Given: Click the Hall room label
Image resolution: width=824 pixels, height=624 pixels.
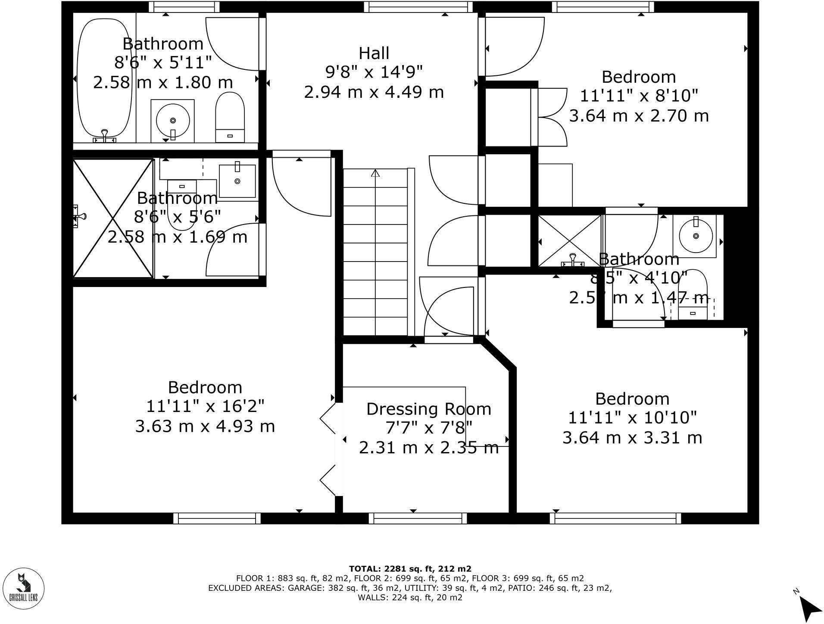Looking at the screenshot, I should pos(374,53).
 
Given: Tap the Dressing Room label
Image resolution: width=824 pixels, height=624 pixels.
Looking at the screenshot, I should pos(428,409).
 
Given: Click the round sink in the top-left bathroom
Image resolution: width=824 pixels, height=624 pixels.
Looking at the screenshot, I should pos(173,120).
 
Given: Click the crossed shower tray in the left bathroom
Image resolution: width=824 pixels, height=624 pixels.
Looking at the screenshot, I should pos(113,218).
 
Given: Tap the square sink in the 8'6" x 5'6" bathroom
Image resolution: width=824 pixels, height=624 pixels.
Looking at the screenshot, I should pos(237,181).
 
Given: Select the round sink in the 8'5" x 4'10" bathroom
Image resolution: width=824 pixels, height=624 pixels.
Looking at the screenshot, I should pos(696,236).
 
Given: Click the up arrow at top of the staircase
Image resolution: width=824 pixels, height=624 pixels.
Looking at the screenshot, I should pos(375,173).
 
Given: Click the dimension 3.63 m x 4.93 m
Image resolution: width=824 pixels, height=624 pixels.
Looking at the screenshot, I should pos(205,427).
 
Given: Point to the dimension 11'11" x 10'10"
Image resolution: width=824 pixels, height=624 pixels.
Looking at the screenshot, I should pos(632,418).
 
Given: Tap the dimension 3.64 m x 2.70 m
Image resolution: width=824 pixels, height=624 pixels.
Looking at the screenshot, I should pos(639,116).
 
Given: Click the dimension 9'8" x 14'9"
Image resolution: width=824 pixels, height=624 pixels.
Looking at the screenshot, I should pos(374,72).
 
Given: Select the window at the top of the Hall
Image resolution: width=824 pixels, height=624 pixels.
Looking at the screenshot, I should pos(418,6).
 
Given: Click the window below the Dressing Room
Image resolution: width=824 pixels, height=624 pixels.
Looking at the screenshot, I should pos(418,518).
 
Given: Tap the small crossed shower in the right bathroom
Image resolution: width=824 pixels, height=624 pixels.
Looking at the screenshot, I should pos(569,240).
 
